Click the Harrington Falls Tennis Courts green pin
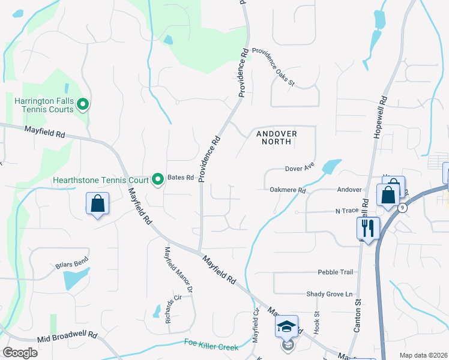tap(84, 105)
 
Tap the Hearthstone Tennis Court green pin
tap(158, 179)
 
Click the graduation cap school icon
tap(287, 327)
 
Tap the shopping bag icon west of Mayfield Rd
tap(97, 204)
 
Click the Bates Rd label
tap(181, 178)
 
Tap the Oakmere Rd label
tap(288, 191)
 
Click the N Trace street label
tap(346, 211)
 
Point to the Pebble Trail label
tap(336, 272)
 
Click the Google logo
tap(20, 353)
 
